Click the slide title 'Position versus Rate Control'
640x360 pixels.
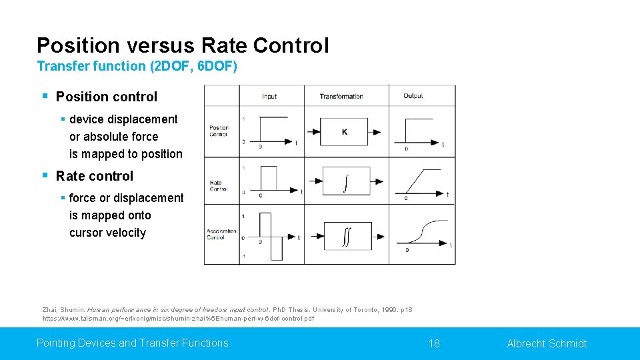pos(183,45)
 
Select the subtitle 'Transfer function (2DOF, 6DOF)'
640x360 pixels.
pos(137,66)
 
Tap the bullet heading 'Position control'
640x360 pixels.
pos(107,97)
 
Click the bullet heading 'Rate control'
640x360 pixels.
pos(95,176)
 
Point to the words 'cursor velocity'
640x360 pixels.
pos(107,233)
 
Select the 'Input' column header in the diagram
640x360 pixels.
pos(269,96)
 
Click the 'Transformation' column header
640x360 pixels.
pos(341,96)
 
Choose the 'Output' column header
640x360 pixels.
pos(413,96)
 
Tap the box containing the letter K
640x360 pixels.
pos(344,132)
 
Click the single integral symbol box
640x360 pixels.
pos(344,181)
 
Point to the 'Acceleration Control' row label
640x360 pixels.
pos(221,234)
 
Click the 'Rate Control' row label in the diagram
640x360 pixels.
pos(219,185)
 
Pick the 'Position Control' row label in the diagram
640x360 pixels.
pos(219,131)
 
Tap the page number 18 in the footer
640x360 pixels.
pos(434,343)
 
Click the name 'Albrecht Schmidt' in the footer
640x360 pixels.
pos(547,343)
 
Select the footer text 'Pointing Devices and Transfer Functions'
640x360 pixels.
pos(132,343)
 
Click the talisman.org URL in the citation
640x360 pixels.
pos(178,319)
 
